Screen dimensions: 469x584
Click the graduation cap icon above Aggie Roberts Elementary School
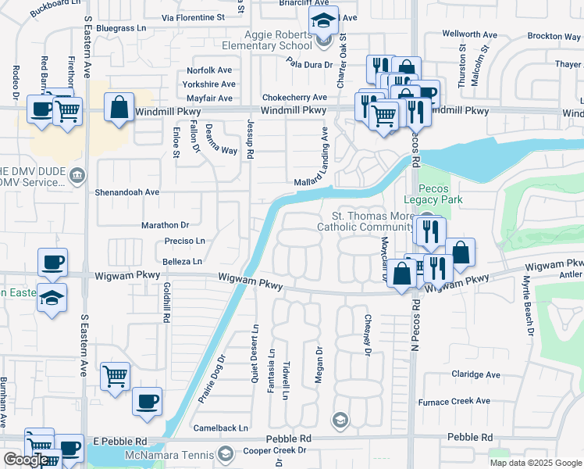point(322,22)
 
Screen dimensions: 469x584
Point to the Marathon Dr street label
point(165,224)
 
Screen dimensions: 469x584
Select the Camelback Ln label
point(221,428)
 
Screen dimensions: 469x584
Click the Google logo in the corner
point(26,460)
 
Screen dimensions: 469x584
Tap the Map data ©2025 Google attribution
point(535,463)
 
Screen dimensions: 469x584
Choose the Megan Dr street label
point(319,365)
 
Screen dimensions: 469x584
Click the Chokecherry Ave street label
point(294,98)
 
